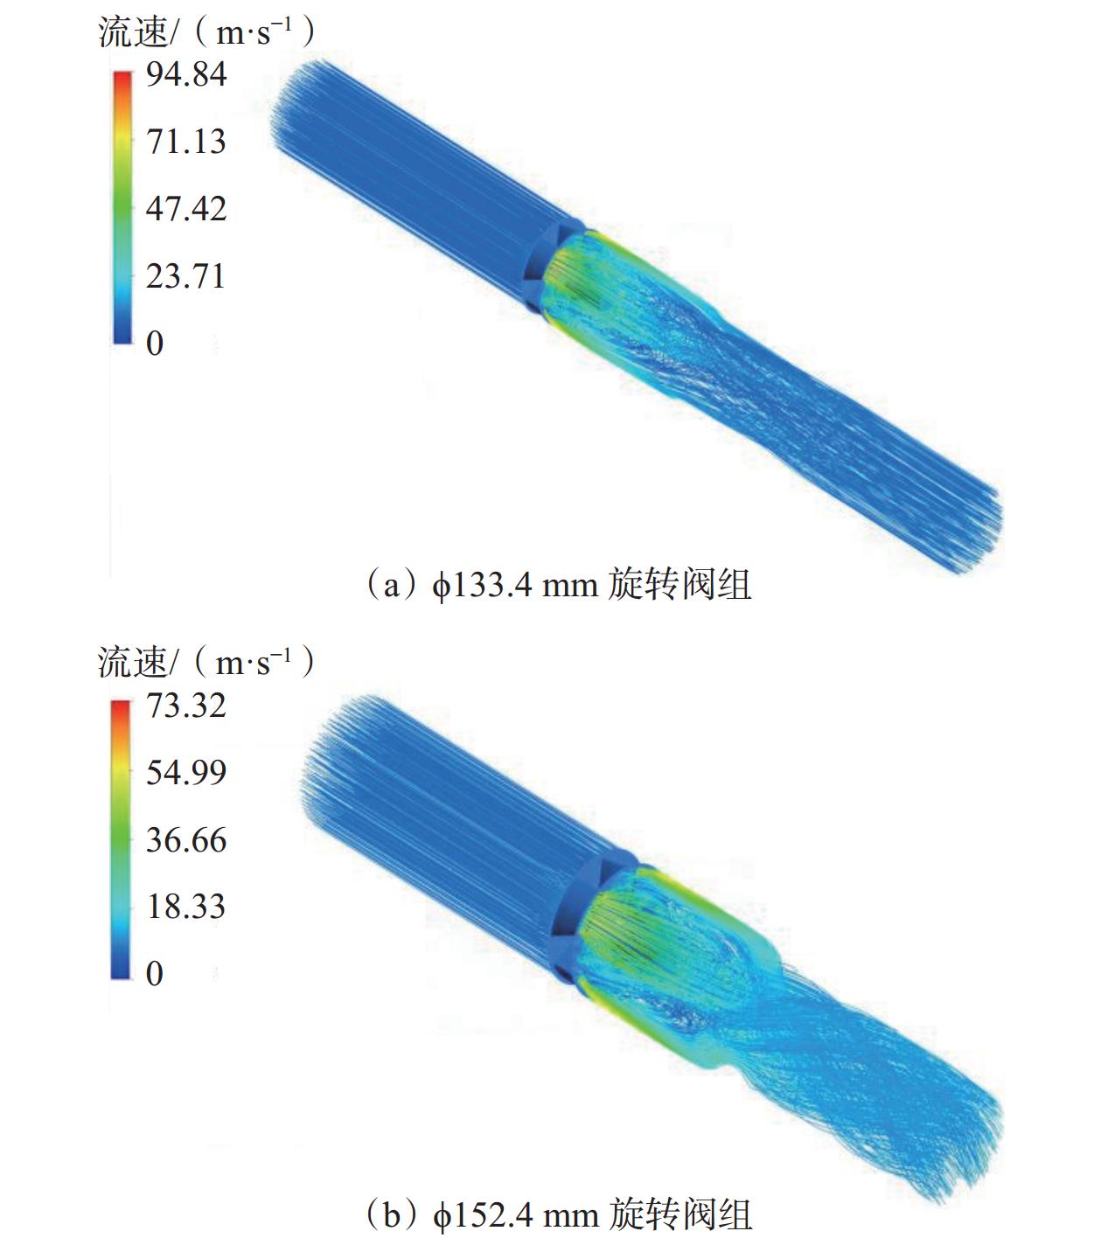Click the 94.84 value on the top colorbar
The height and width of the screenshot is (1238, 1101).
click(x=186, y=74)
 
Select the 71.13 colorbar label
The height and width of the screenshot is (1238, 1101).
click(x=186, y=142)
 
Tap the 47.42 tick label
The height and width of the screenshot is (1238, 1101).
click(x=186, y=209)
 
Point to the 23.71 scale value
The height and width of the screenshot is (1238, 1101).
click(x=186, y=276)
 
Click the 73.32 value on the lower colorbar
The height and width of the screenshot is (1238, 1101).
click(x=186, y=706)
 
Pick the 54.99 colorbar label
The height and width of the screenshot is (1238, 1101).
click(x=186, y=772)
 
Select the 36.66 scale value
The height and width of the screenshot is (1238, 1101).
click(x=186, y=840)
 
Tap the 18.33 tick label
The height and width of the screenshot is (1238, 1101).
click(x=186, y=906)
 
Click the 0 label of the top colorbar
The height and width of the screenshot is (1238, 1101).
click(x=155, y=344)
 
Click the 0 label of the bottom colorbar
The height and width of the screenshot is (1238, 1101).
click(x=155, y=973)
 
